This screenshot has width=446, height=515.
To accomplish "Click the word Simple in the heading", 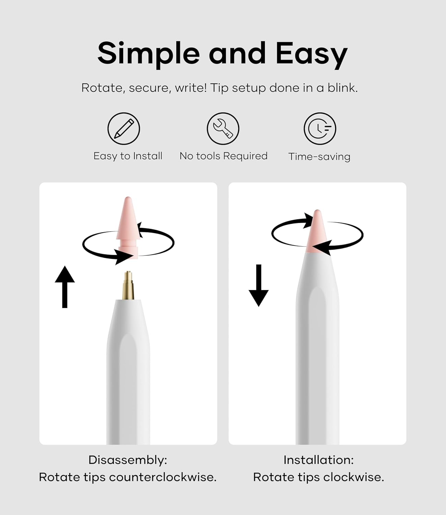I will click(148, 53).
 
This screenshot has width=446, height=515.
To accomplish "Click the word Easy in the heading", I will click(311, 53).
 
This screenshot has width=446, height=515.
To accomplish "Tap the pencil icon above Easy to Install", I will click(124, 128).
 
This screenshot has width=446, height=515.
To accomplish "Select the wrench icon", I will click(223, 128).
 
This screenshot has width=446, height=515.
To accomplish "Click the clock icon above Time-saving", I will click(320, 128).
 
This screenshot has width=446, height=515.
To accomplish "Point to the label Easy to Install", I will click(128, 156).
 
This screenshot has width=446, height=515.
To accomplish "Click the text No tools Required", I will click(223, 156).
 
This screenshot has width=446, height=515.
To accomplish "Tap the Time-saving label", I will click(319, 157).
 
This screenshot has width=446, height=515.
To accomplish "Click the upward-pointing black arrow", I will click(64, 287).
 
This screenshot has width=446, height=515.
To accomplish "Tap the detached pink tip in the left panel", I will click(128, 223).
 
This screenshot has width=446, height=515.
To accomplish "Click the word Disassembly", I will click(127, 460).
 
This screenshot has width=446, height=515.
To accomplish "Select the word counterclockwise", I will click(163, 477).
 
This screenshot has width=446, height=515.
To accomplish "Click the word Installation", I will click(318, 460).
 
